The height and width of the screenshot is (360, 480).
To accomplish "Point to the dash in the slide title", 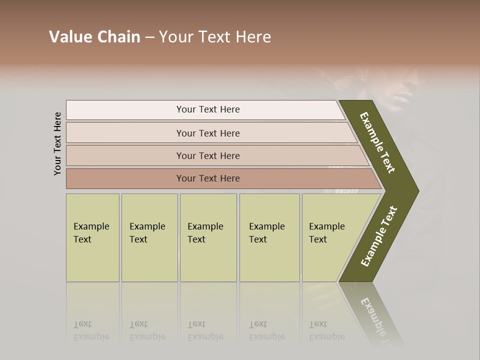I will (x=149, y=37).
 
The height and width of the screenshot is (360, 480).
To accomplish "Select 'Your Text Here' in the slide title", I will (x=215, y=37).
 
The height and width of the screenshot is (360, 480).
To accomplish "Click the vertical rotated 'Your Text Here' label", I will (x=57, y=143).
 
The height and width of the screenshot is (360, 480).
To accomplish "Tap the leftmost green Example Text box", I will (x=92, y=237).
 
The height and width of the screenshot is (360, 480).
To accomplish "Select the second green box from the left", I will (x=149, y=237).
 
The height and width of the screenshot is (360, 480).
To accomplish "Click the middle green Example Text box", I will (x=208, y=237).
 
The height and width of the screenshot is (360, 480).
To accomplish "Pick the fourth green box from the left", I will (x=269, y=237).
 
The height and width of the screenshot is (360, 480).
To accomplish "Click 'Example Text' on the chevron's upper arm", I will (x=377, y=142).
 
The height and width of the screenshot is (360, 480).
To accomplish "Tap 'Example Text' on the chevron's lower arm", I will (x=379, y=236).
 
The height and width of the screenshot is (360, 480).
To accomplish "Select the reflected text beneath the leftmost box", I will (x=91, y=330).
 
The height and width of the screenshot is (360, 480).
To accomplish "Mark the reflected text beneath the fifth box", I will (x=326, y=330).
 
